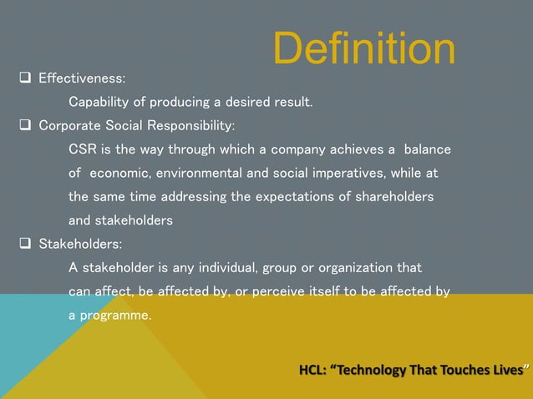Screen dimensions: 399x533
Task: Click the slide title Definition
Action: [x=364, y=50]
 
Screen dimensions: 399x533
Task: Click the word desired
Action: [x=241, y=104]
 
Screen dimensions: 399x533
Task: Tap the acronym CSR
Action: [x=82, y=150]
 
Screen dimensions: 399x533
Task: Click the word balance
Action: [x=427, y=150]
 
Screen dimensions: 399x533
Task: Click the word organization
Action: [x=353, y=268]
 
